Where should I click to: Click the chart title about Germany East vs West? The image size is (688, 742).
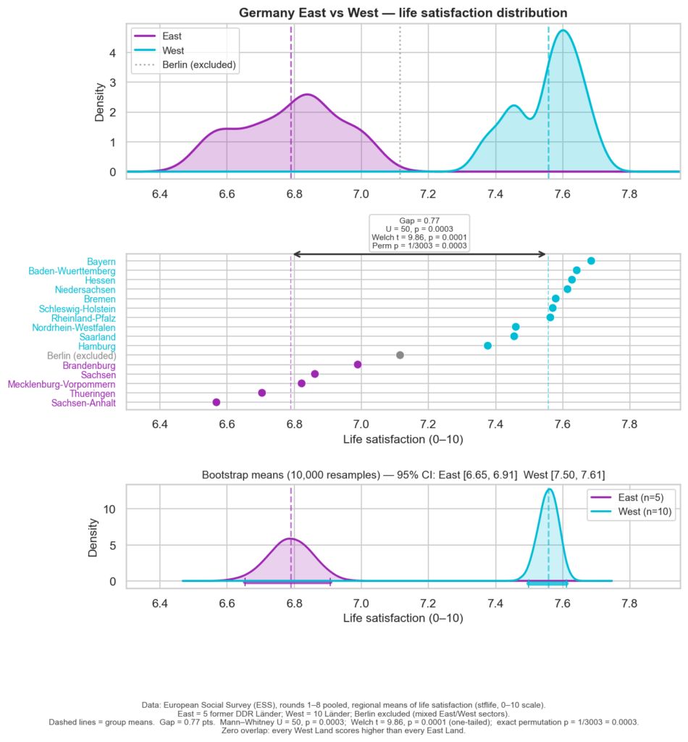pos(403,13)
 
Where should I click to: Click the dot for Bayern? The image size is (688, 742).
pos(591,261)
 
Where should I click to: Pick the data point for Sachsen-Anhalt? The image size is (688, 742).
pos(216,402)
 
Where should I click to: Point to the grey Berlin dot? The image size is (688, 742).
pos(400,355)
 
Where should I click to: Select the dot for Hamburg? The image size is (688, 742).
pos(487,346)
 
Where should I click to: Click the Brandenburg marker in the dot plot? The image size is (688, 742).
pos(358,364)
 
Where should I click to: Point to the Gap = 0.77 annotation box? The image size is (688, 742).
pos(419,233)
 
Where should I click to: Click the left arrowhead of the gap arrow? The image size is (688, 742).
pos(296,254)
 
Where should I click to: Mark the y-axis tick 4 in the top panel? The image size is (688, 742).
pos(112,52)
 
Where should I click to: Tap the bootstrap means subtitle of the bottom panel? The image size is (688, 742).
pos(403,475)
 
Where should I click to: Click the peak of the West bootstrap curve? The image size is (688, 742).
pos(549,489)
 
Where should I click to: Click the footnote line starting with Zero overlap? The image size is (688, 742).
pos(344,731)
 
